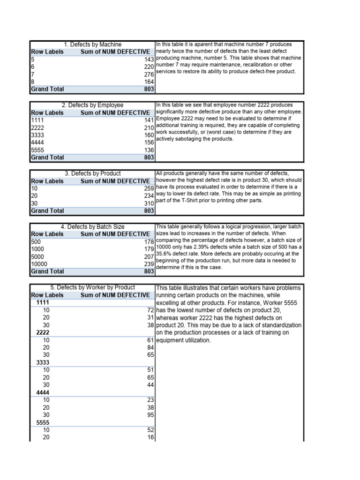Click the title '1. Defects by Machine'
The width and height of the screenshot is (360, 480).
click(92, 45)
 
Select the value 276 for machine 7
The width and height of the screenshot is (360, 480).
click(149, 75)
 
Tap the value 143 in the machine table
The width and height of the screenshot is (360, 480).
click(149, 60)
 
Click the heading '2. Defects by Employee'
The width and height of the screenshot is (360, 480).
click(92, 105)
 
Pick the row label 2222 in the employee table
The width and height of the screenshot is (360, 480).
click(37, 128)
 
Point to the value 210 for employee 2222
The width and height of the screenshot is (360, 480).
click(149, 128)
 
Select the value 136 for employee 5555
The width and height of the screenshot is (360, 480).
click(149, 150)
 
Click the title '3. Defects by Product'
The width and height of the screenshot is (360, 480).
click(92, 173)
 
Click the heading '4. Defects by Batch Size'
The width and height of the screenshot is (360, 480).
click(92, 227)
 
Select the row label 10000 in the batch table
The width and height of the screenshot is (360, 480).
click(39, 264)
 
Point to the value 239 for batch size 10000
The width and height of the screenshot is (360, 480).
click(149, 264)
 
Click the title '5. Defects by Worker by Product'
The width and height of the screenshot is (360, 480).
click(92, 287)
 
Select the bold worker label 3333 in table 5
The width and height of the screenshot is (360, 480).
click(43, 362)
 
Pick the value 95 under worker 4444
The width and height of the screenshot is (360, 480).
click(150, 415)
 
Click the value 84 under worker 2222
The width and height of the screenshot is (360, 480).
click(150, 347)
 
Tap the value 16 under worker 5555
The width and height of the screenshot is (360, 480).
click(150, 437)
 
